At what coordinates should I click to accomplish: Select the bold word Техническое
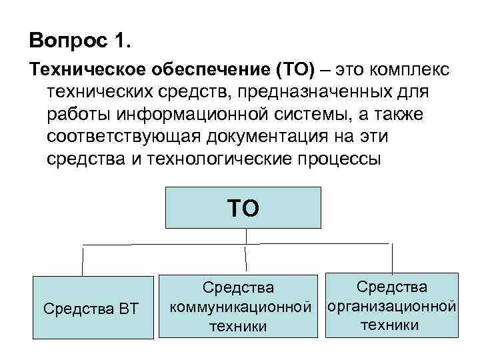click(87, 71)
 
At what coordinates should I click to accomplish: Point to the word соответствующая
click(126, 137)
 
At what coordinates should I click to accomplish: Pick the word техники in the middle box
click(239, 326)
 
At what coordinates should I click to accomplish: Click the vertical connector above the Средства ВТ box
click(83, 259)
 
